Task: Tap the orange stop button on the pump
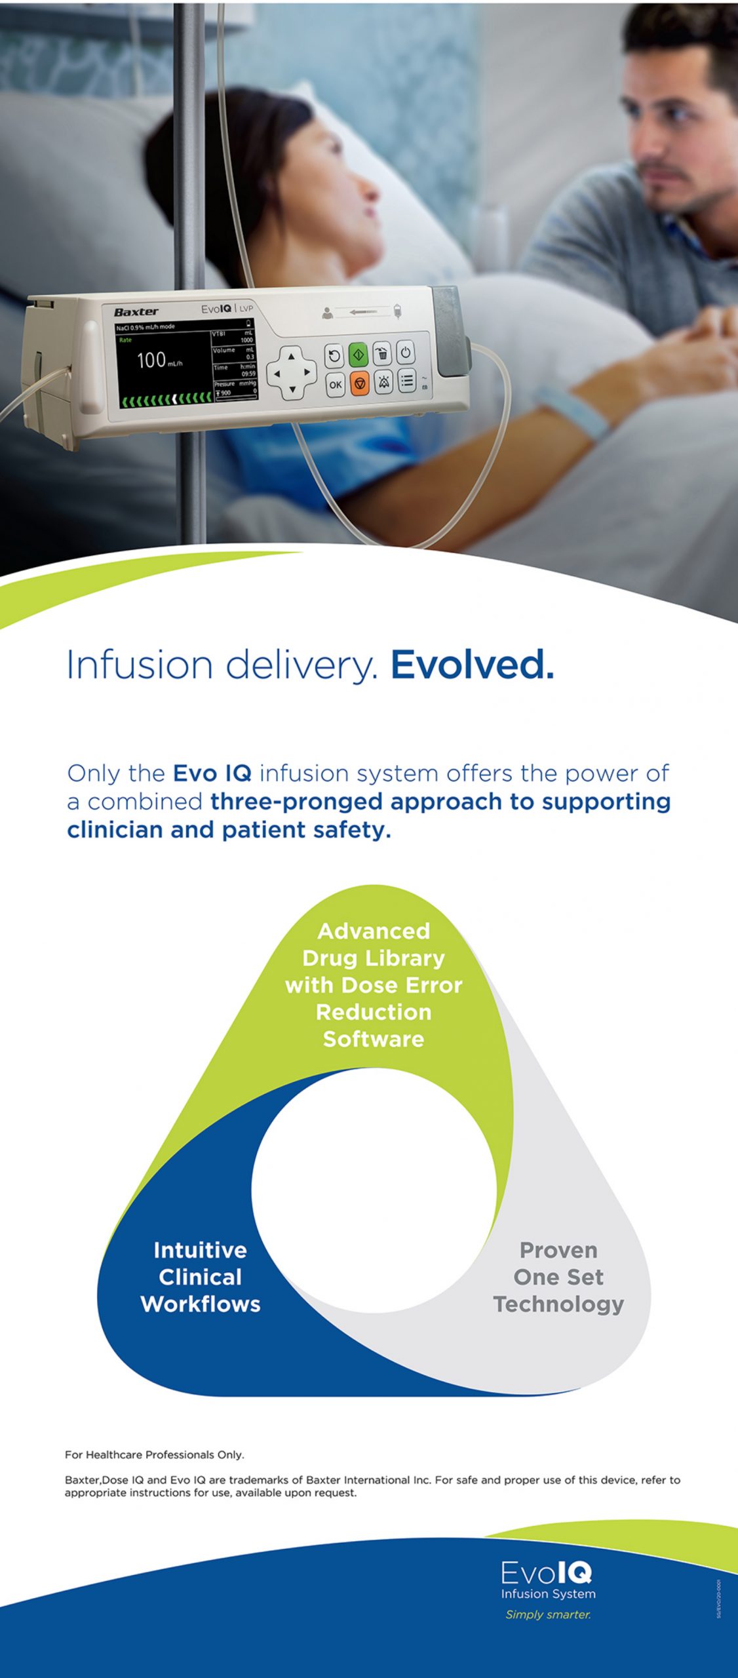pos(359,383)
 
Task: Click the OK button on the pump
pos(335,385)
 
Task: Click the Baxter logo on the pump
pos(136,312)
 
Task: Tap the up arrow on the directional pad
pos(292,357)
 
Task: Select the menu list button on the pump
pos(407,381)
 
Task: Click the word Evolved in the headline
pos(472,665)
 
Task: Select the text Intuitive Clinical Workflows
pos(201,1277)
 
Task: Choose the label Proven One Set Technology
pos(558,1277)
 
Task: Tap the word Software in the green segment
pos(374,1039)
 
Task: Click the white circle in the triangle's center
pos(374,1190)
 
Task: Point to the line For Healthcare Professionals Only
pos(155,1454)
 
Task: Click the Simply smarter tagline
pos(548,1614)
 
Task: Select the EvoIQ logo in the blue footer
pos(547,1573)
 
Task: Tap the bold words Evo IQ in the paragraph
pos(212,773)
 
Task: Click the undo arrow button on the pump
pos(334,356)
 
